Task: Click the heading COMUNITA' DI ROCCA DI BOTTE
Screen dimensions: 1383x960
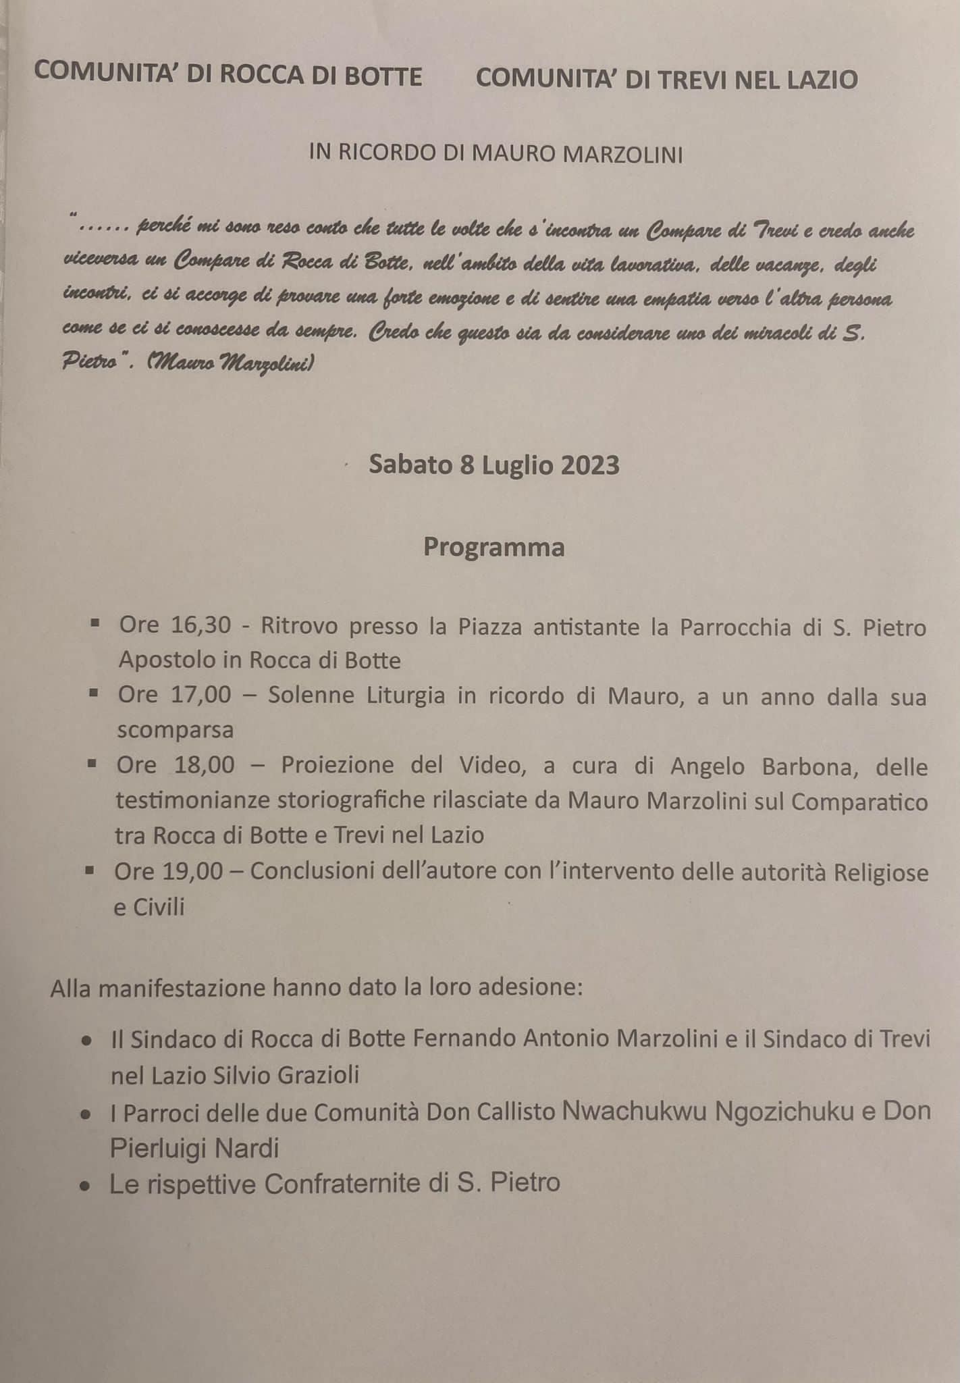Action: [228, 75]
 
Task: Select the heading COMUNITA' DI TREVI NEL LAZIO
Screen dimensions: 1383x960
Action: [666, 79]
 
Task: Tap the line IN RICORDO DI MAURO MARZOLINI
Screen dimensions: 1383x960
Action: [496, 155]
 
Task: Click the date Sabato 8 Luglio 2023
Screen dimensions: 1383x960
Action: [494, 466]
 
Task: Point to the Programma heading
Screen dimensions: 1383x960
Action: [494, 547]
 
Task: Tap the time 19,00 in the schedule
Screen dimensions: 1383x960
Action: [192, 872]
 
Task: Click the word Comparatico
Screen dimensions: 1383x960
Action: [859, 802]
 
